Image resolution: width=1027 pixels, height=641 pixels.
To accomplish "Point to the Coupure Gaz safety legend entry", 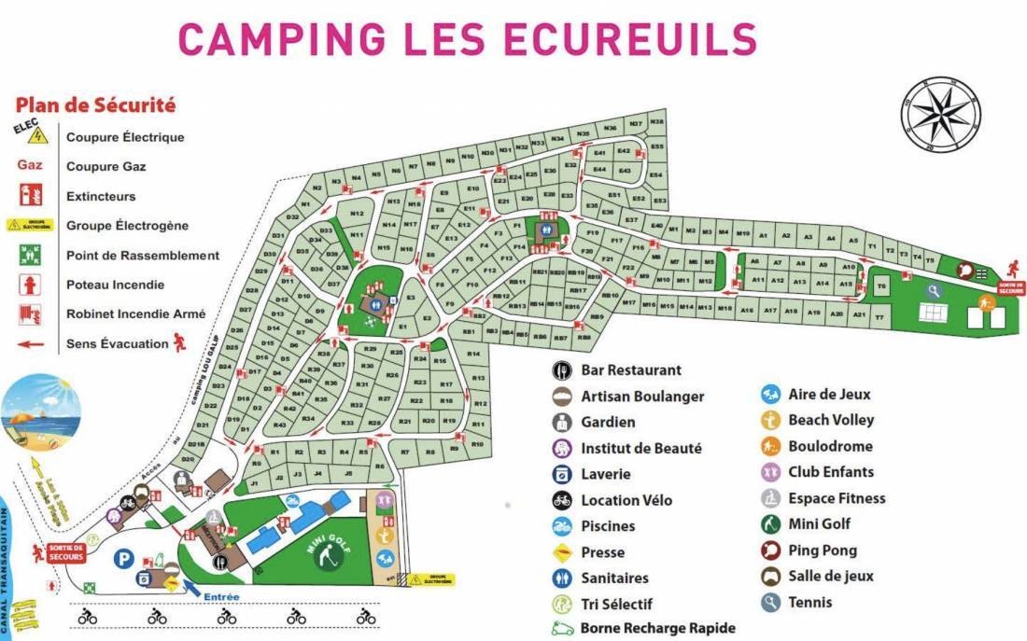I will tap(106, 167).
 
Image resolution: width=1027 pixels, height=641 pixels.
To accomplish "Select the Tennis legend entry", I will tap(809, 602).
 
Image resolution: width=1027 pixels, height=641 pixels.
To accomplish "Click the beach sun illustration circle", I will tap(41, 411).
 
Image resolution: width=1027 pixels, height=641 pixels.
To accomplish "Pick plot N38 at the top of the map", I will tap(656, 122).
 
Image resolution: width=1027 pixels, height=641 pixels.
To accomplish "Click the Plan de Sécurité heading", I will tap(95, 105).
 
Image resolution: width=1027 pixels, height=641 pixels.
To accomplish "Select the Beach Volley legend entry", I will tap(830, 420).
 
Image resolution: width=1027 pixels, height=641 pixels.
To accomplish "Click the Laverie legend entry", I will tap(605, 474).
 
